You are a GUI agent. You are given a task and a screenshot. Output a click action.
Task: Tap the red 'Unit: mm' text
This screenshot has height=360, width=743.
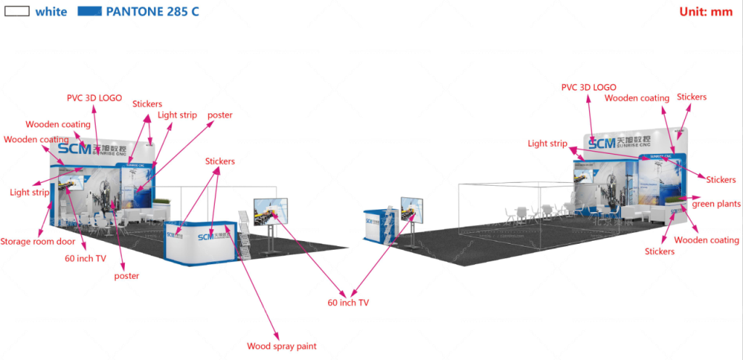pyautogui.click(x=705, y=11)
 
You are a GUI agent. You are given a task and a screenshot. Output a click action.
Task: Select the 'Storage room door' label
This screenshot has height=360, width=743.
pyautogui.click(x=36, y=242)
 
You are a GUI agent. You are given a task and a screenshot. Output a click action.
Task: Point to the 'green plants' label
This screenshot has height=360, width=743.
pyautogui.click(x=715, y=204)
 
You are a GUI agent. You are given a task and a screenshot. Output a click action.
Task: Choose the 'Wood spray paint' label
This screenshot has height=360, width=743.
pyautogui.click(x=282, y=346)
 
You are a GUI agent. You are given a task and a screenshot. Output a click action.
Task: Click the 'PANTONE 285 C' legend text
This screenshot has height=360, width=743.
pyautogui.click(x=152, y=12)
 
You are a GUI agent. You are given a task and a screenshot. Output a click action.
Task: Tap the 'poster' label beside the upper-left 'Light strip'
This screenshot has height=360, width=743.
pyautogui.click(x=220, y=115)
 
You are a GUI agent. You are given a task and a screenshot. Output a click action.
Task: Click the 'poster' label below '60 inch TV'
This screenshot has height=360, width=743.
pyautogui.click(x=126, y=276)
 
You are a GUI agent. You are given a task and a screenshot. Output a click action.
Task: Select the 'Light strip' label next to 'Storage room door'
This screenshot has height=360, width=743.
pyautogui.click(x=30, y=192)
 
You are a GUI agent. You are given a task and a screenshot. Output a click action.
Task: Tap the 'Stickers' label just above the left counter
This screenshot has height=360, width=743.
pyautogui.click(x=220, y=161)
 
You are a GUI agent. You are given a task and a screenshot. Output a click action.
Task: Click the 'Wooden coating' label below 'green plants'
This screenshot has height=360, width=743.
pyautogui.click(x=707, y=240)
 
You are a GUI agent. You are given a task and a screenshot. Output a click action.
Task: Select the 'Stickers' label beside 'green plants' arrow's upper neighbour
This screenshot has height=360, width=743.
pyautogui.click(x=721, y=180)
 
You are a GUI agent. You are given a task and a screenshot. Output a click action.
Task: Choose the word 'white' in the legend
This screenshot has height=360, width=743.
pyautogui.click(x=51, y=12)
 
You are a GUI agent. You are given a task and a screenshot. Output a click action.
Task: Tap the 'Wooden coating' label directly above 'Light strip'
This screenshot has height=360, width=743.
pyautogui.click(x=36, y=139)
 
